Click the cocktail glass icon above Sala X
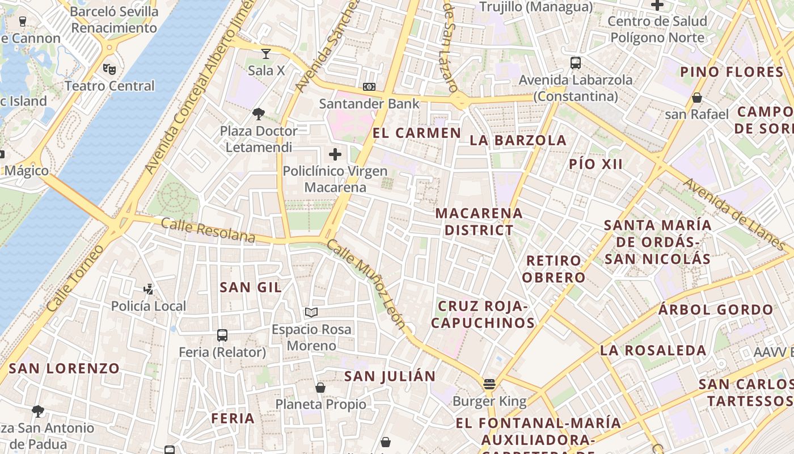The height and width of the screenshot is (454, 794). [x=266, y=54]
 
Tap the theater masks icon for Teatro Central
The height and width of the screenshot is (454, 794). [x=109, y=69]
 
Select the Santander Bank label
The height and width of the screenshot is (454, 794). [x=369, y=104]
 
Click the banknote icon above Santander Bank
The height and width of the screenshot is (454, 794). [x=369, y=87]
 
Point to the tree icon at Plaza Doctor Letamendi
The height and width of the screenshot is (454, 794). [x=259, y=113]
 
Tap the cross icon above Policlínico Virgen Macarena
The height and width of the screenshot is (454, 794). [x=335, y=154]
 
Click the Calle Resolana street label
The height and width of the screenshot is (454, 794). [x=208, y=230]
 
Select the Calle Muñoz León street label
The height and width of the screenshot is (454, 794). [x=366, y=284]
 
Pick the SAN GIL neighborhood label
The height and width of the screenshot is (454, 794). [x=251, y=287]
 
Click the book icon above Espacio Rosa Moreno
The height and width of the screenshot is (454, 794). [x=311, y=312]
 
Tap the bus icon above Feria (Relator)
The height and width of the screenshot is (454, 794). [x=222, y=335]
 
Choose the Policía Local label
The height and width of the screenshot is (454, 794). [x=149, y=306]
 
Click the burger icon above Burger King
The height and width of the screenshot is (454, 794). [x=489, y=384]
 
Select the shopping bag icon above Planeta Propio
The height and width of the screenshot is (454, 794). [x=320, y=388]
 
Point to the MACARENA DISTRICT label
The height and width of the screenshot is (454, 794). [x=479, y=222]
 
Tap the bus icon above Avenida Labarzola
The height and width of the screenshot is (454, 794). [x=576, y=63]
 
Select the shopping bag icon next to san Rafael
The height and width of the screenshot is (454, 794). [x=697, y=98]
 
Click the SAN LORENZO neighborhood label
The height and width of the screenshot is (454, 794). [x=64, y=368]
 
